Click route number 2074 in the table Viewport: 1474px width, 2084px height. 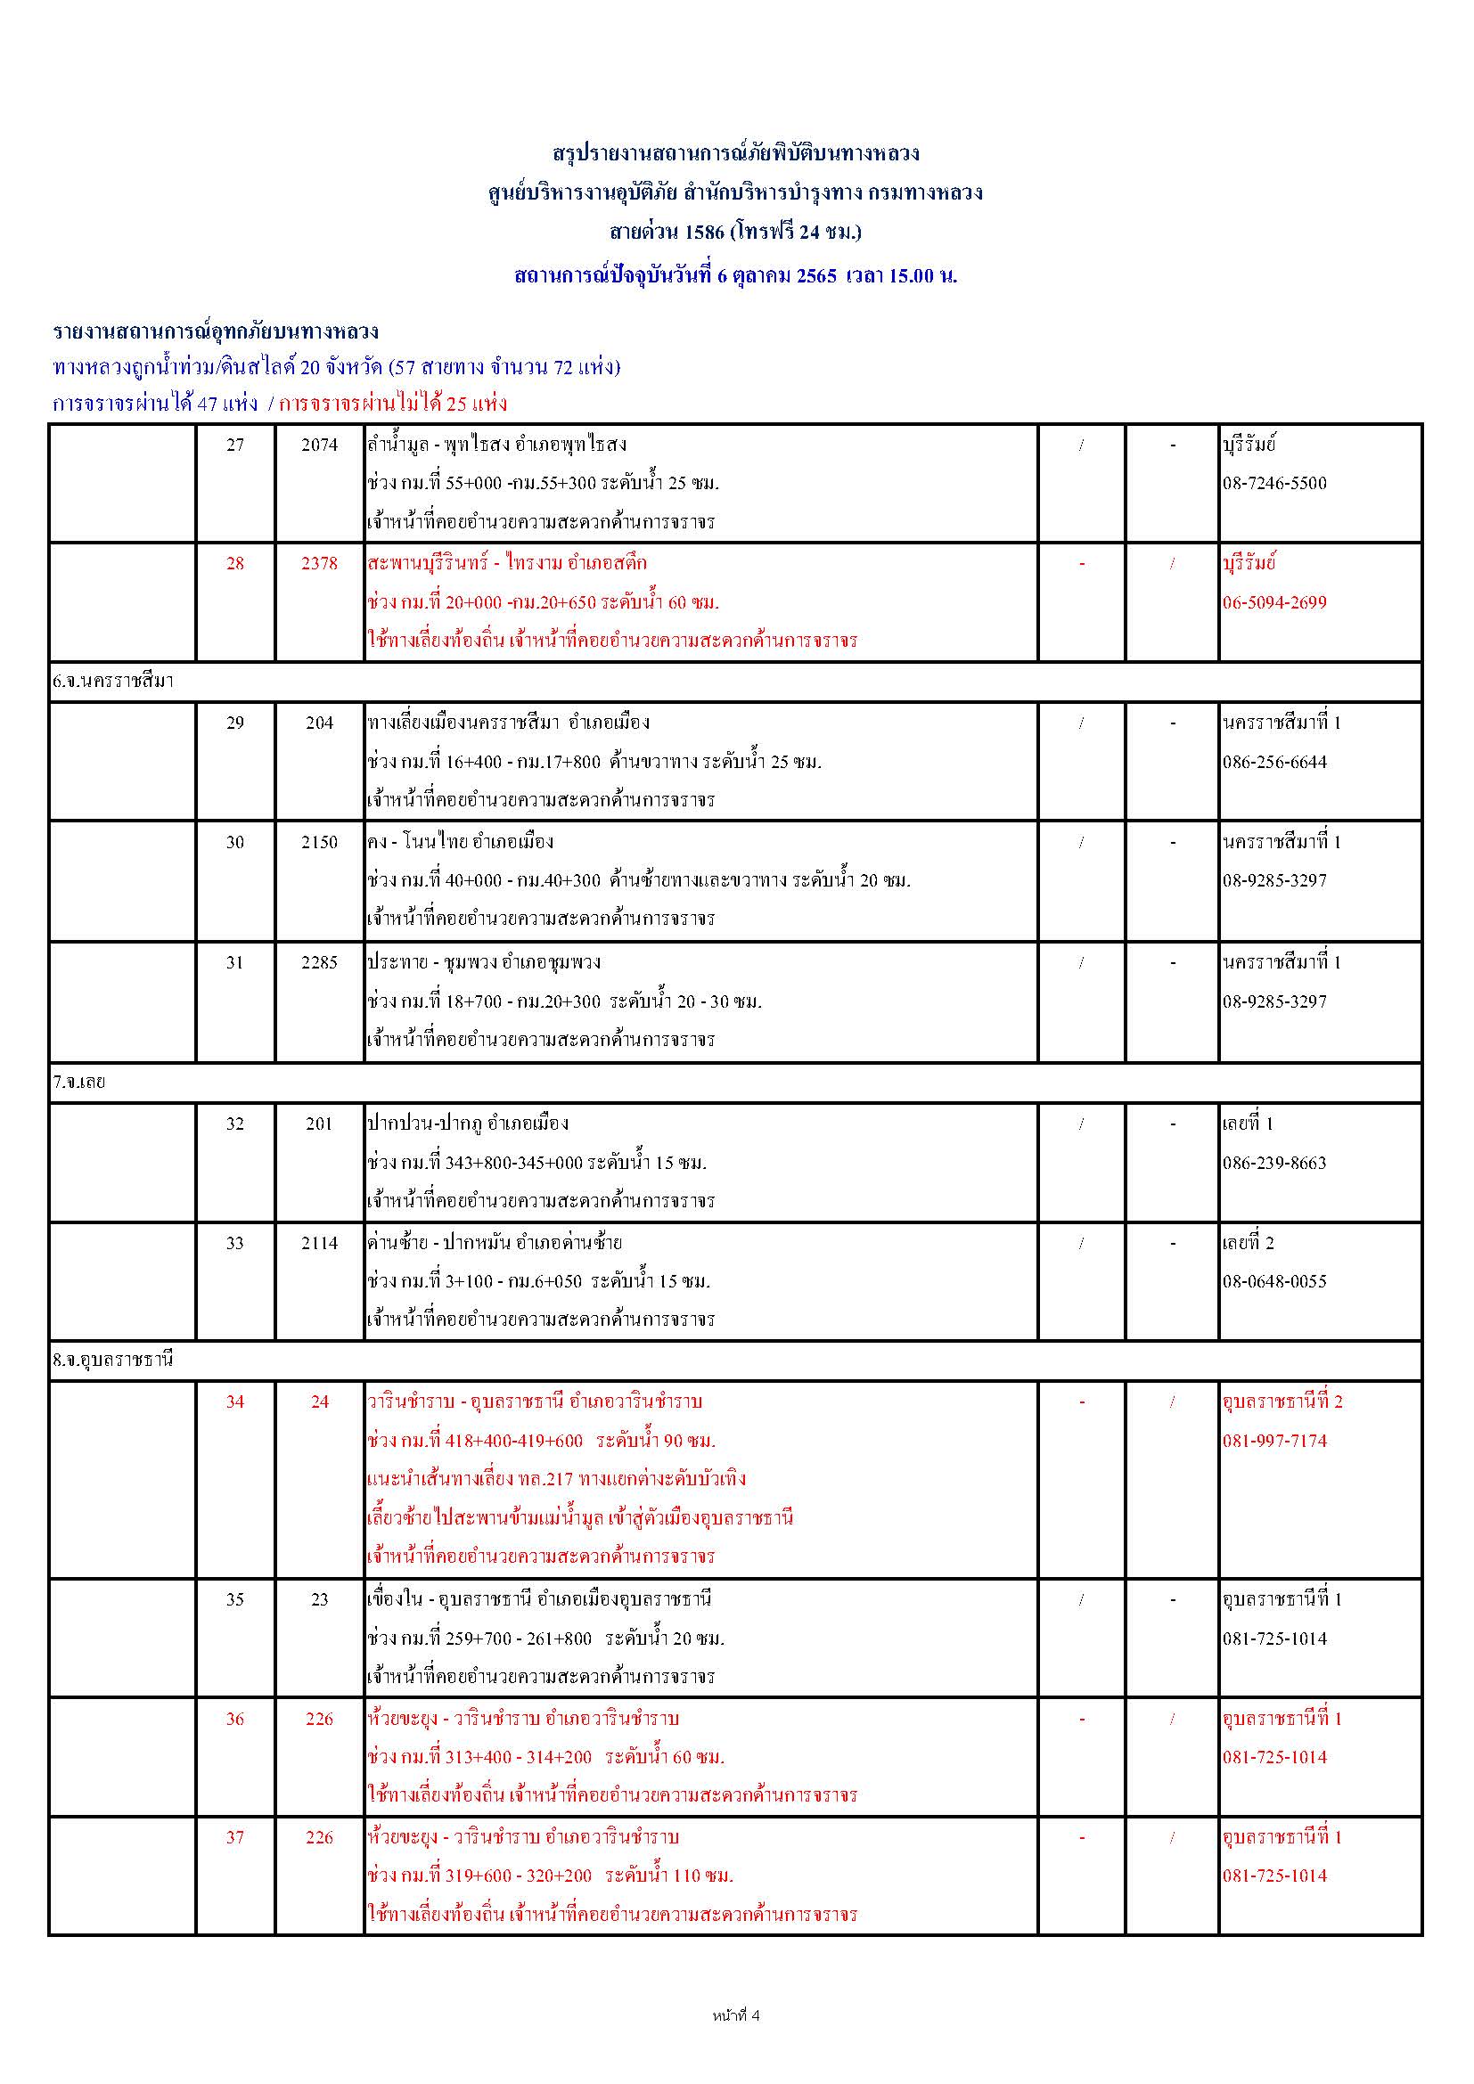pyautogui.click(x=320, y=445)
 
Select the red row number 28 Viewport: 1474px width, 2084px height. pyautogui.click(x=235, y=564)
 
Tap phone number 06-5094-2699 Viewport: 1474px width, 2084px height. pyautogui.click(x=1273, y=602)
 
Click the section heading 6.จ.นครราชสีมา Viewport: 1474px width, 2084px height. pyautogui.click(x=112, y=681)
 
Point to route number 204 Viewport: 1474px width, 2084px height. pyautogui.click(x=320, y=723)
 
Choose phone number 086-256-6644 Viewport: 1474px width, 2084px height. pyautogui.click(x=1273, y=763)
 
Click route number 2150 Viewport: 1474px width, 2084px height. pyautogui.click(x=320, y=842)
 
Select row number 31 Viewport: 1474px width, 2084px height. pyautogui.click(x=235, y=962)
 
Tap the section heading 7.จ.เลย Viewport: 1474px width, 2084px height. pyautogui.click(x=79, y=1082)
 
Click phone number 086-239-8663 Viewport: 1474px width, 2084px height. pyautogui.click(x=1273, y=1163)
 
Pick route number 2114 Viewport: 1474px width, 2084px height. pyautogui.click(x=320, y=1243)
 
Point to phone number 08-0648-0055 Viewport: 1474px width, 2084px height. pyautogui.click(x=1273, y=1281)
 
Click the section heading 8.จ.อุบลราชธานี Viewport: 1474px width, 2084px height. pyautogui.click(x=112, y=1360)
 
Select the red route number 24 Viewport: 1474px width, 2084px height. pyautogui.click(x=320, y=1402)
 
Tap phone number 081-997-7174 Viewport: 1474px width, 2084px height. pyautogui.click(x=1273, y=1441)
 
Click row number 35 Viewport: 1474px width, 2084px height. pyautogui.click(x=235, y=1599)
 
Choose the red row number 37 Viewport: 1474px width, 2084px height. pyautogui.click(x=235, y=1837)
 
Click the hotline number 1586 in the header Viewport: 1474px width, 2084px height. pyautogui.click(x=704, y=233)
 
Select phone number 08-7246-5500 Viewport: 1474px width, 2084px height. pyautogui.click(x=1273, y=483)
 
